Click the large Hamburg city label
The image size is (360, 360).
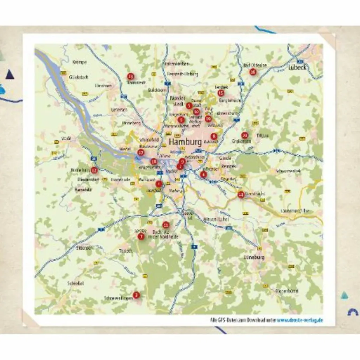(185, 142)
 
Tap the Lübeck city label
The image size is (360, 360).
(297, 67)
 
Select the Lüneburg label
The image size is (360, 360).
(254, 258)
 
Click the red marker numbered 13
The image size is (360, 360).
(130, 76)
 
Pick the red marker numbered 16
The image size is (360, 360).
(253, 72)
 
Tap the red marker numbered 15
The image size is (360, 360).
(221, 93)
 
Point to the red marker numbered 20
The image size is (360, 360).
(245, 135)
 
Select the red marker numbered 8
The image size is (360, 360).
(214, 136)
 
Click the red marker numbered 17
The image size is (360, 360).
(141, 153)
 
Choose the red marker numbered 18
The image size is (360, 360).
(154, 162)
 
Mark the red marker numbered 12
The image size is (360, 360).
(94, 170)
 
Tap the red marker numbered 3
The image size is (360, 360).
(136, 295)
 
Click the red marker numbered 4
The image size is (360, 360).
(203, 174)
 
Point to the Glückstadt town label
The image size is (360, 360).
(79, 77)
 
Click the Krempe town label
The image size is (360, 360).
(79, 62)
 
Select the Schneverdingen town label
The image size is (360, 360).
(118, 298)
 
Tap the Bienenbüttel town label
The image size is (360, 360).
(287, 291)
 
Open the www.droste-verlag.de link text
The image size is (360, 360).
(300, 320)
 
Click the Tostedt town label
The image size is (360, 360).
(126, 251)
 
